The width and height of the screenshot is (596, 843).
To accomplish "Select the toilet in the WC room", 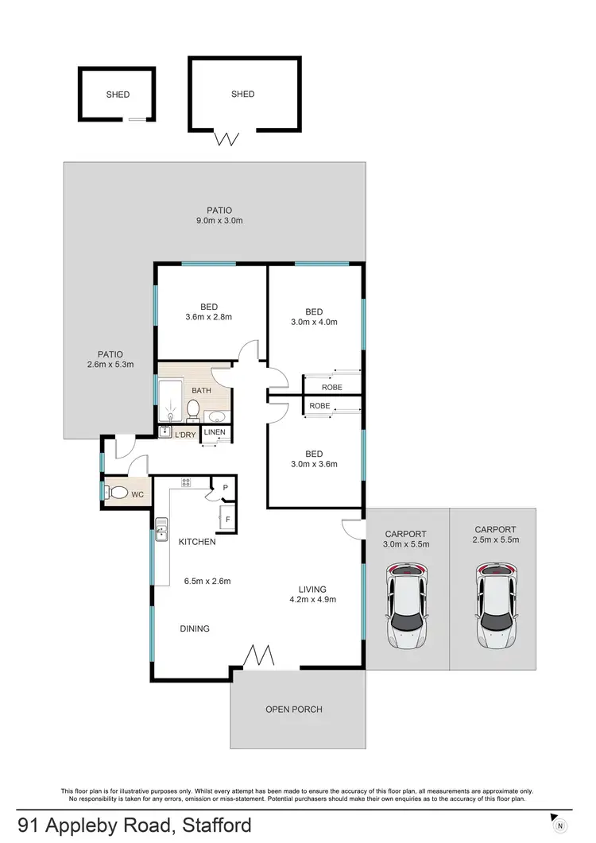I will tap(116, 492).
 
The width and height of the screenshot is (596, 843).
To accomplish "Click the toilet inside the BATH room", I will tap(192, 409).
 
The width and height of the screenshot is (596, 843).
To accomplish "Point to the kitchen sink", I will tap(161, 529).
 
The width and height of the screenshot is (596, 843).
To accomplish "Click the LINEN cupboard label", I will tap(215, 432).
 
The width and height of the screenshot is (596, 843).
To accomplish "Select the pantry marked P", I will tap(225, 488).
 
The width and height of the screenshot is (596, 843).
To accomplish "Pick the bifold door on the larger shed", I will tap(228, 139).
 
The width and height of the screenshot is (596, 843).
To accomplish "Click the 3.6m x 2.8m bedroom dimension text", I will tap(209, 317).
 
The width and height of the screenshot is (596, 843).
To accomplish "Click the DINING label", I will tap(195, 628).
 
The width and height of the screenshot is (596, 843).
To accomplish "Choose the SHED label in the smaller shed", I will tap(118, 95).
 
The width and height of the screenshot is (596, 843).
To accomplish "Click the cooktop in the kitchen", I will tap(186, 481).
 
